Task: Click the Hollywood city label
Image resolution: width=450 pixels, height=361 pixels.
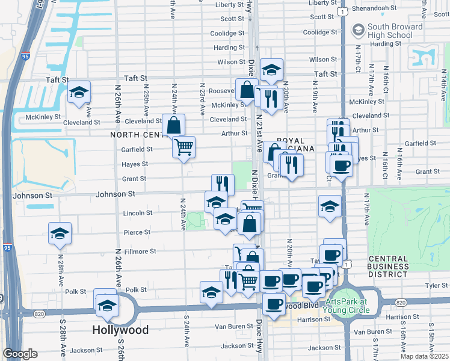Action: click(x=120, y=330)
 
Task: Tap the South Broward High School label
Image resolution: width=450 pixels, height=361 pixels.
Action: click(x=390, y=31)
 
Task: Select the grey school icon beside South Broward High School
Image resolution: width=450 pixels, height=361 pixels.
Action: click(x=359, y=29)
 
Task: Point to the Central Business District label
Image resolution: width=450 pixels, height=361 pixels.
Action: click(x=388, y=267)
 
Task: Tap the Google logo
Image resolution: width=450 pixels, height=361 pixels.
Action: click(x=20, y=354)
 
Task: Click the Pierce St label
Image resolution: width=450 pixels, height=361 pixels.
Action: click(x=137, y=232)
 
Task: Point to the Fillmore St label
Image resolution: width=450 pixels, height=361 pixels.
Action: click(x=140, y=251)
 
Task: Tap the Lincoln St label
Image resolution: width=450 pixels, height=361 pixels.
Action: click(x=137, y=213)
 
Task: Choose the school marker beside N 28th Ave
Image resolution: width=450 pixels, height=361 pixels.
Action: click(x=60, y=233)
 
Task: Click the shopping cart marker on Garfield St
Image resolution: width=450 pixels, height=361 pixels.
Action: click(x=183, y=146)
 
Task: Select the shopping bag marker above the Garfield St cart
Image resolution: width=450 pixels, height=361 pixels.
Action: click(x=173, y=126)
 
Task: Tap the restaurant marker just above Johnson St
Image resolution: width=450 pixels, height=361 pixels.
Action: click(x=223, y=183)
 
